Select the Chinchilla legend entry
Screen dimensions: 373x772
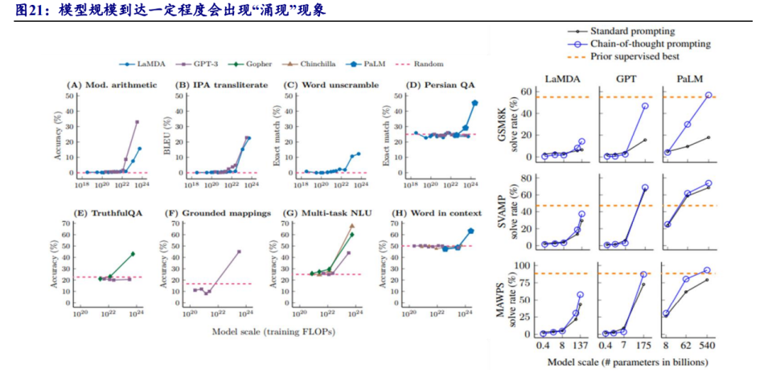(300, 63)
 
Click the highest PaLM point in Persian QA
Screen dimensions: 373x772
(474, 104)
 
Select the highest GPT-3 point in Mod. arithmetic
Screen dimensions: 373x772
(137, 122)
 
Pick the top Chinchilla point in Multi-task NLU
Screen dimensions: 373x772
(351, 226)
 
